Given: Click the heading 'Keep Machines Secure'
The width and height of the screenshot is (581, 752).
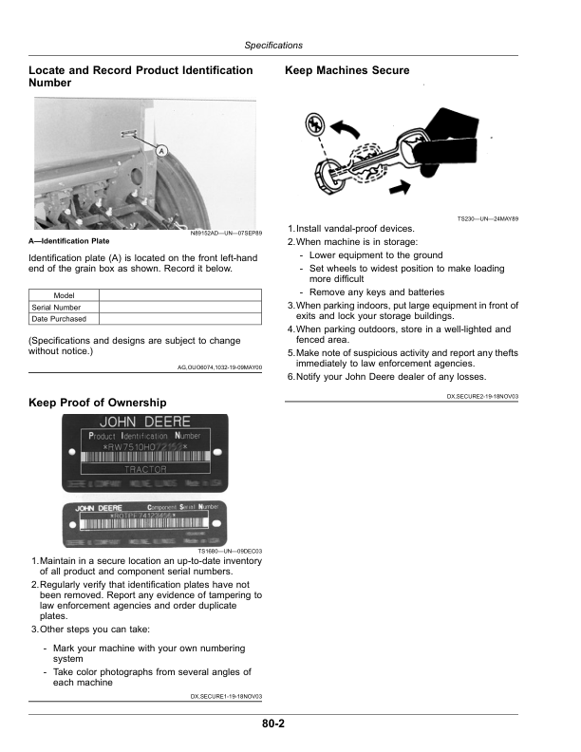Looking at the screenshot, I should [x=347, y=71].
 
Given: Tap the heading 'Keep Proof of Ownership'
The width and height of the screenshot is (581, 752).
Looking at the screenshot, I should [x=98, y=403].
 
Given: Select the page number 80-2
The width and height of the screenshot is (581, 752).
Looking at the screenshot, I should [x=274, y=724].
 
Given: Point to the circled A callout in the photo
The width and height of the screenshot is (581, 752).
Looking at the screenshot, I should [x=161, y=151].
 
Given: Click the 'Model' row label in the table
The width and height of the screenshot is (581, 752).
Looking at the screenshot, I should [x=64, y=295].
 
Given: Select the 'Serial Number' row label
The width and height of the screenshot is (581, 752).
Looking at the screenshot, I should [x=56, y=308].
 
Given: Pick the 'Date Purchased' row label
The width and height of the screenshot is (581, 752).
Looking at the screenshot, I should [x=59, y=319].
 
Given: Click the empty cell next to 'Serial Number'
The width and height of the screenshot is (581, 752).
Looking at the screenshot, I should [x=179, y=308].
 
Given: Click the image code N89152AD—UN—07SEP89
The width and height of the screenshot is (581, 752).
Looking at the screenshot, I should [x=227, y=233].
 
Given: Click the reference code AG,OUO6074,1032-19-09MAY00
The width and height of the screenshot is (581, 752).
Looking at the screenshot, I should [x=219, y=366].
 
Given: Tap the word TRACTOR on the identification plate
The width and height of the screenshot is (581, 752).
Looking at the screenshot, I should [x=146, y=469].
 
